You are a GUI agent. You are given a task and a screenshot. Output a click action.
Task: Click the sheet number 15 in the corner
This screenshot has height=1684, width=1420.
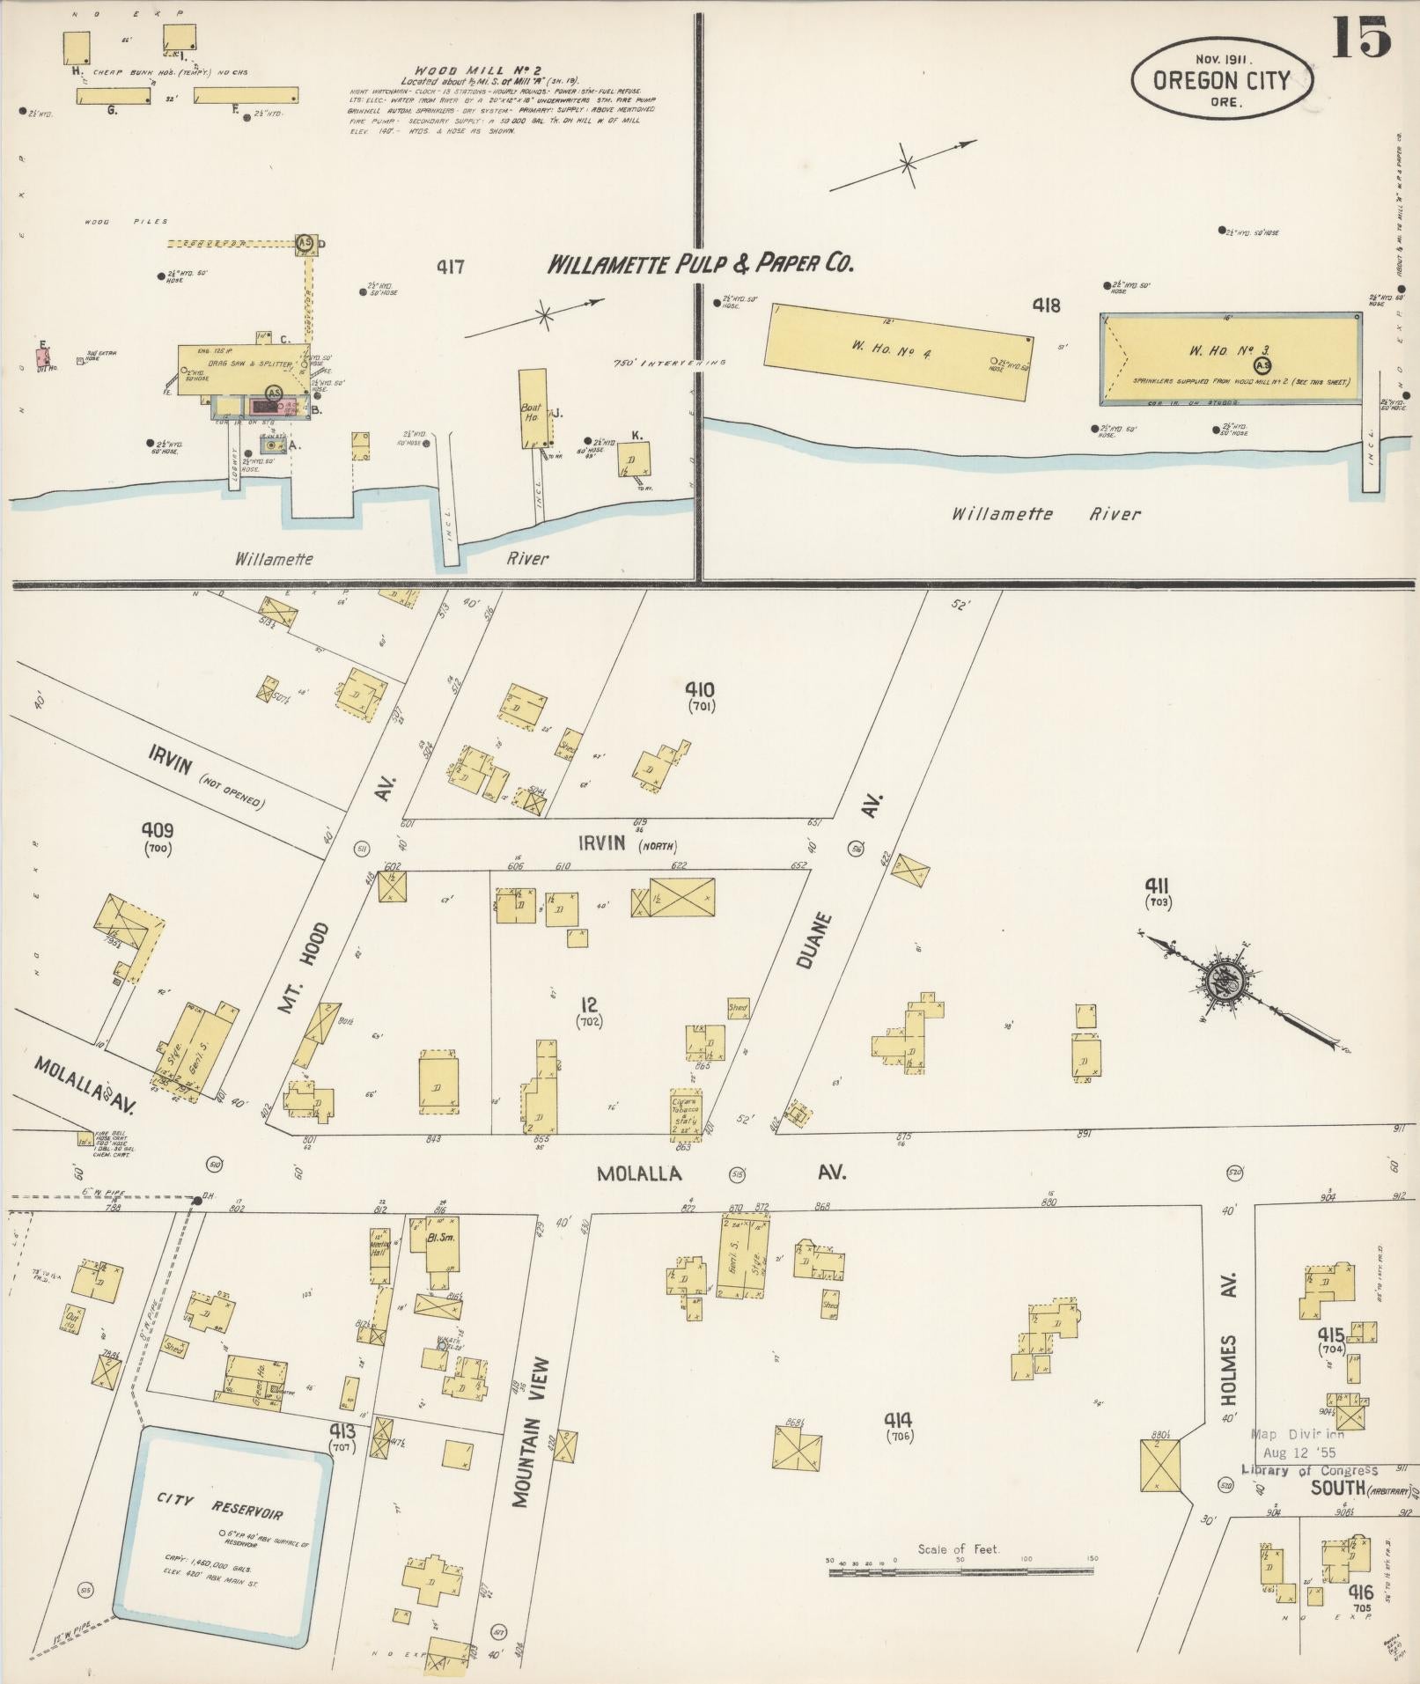tap(1360, 37)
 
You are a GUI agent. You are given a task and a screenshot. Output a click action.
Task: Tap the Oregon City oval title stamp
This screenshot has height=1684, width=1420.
tap(1222, 81)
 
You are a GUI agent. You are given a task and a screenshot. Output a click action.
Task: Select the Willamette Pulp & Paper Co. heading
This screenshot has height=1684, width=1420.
tap(701, 263)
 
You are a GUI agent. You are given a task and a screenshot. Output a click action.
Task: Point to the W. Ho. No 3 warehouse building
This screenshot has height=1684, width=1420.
tap(1231, 358)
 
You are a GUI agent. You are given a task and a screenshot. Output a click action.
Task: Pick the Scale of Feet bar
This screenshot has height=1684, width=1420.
tap(960, 1570)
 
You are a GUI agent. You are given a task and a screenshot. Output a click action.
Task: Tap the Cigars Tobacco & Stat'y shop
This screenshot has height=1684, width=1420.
tap(686, 1112)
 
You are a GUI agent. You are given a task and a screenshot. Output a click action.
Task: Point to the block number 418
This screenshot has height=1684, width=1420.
tap(1046, 305)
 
